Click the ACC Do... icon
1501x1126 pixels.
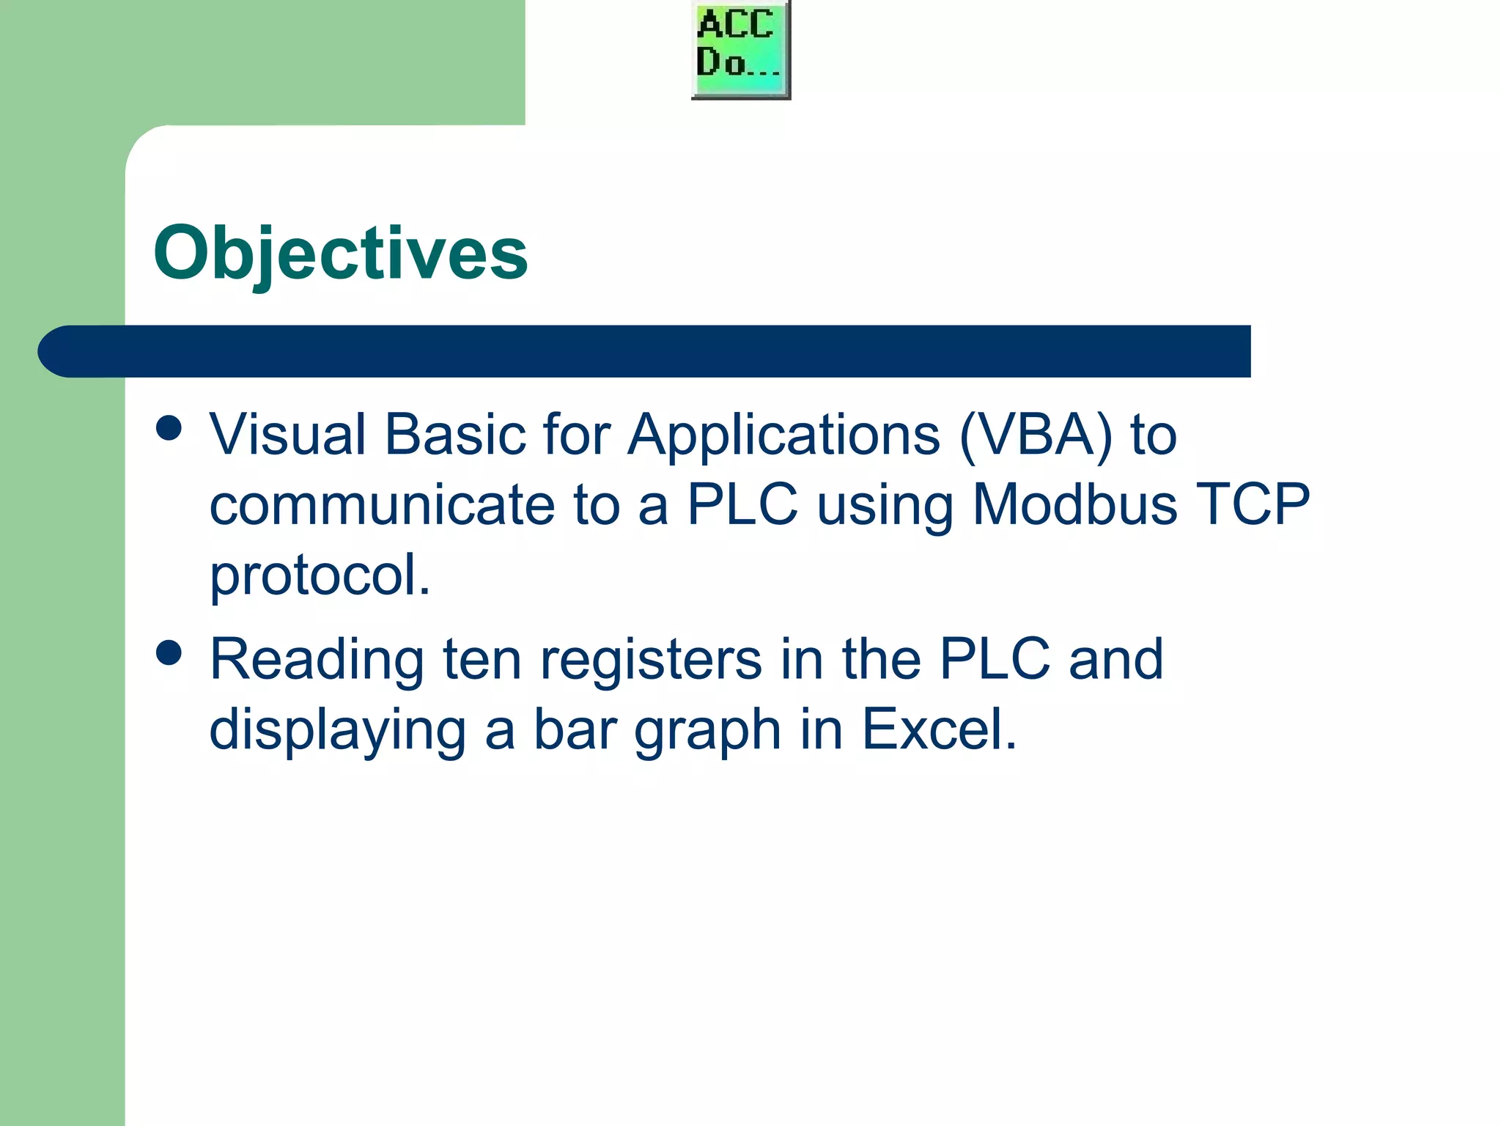(741, 49)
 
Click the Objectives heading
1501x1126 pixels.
(341, 253)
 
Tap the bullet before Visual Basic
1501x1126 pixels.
(169, 428)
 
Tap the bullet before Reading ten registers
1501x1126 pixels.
(169, 652)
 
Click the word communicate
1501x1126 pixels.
(382, 505)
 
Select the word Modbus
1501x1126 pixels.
(1074, 505)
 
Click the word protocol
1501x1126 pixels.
(320, 576)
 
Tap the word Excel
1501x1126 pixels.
(939, 729)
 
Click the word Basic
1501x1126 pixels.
(455, 435)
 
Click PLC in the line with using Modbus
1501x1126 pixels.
(742, 505)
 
